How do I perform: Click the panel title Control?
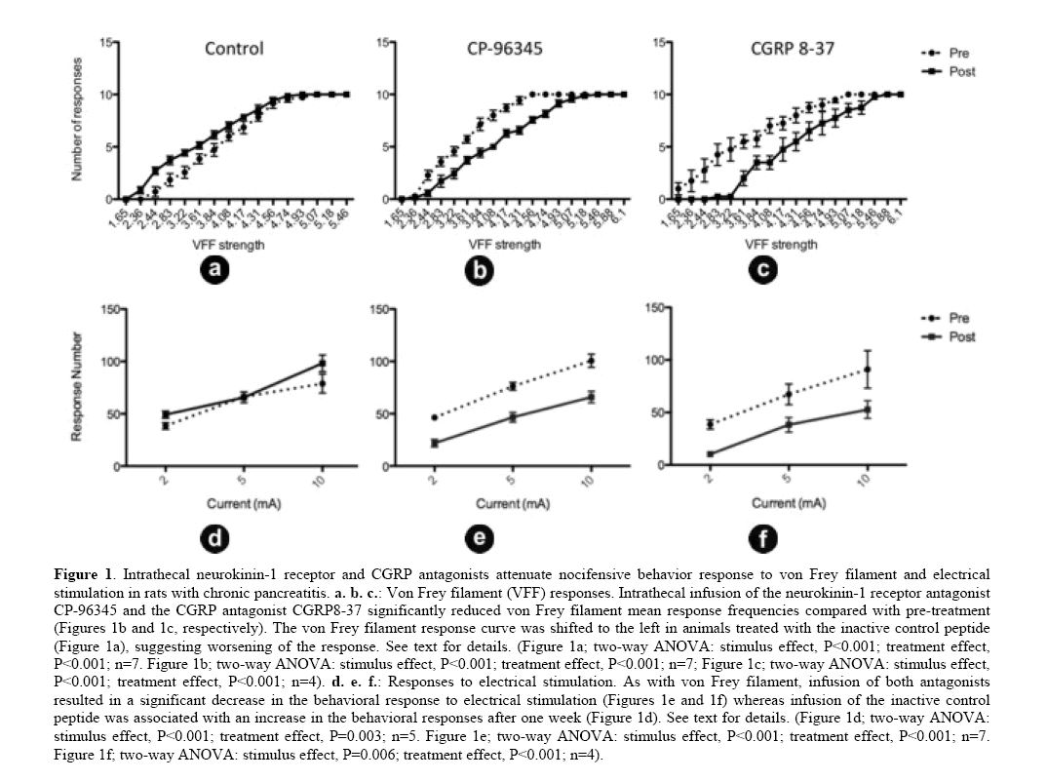[x=233, y=49]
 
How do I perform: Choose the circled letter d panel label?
[x=215, y=537]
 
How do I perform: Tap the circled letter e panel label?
[x=481, y=537]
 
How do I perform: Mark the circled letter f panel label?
[x=763, y=537]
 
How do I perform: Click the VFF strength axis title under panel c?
[x=780, y=244]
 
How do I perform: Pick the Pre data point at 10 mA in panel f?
[x=868, y=370]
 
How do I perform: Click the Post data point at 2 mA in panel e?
[x=434, y=443]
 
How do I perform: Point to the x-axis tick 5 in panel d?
[x=243, y=479]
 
